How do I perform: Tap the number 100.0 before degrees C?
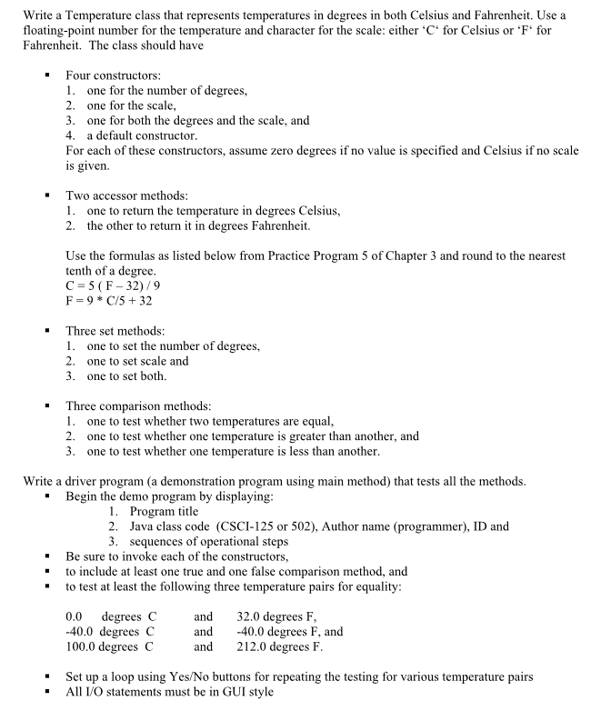82,647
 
